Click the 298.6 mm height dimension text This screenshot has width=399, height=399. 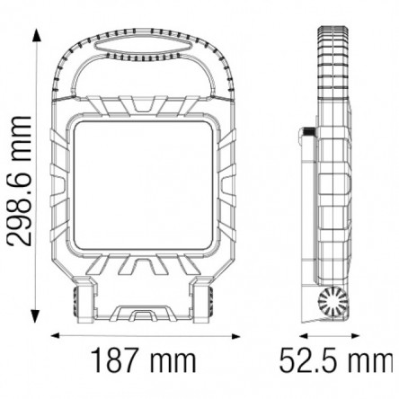pyautogui.click(x=19, y=181)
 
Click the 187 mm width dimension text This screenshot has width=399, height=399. pyautogui.click(x=144, y=359)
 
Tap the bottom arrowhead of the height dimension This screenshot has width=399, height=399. pyautogui.click(x=36, y=315)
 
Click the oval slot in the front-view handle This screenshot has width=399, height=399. pyautogui.click(x=143, y=48)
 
